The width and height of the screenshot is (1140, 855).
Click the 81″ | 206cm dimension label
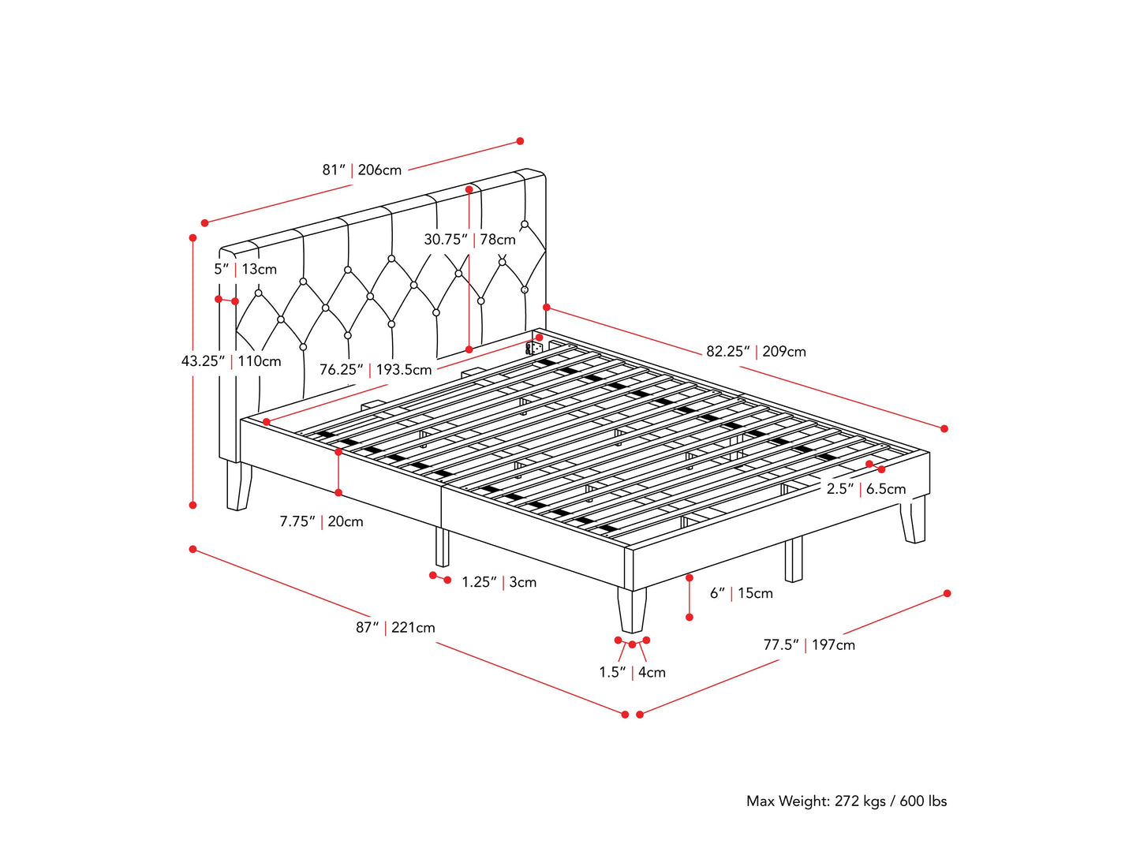point(361,170)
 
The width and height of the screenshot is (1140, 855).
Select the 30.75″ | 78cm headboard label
point(469,239)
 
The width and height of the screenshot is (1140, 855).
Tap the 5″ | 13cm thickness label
point(245,269)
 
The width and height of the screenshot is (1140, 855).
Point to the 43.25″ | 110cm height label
point(231,361)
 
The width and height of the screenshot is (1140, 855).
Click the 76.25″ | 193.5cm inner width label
point(376,369)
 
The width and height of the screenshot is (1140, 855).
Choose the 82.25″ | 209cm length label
point(756,351)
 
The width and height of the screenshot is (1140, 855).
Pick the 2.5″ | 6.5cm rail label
point(866,489)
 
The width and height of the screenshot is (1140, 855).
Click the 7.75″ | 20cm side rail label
point(321,521)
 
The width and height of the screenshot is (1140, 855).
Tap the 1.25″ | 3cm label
point(499,582)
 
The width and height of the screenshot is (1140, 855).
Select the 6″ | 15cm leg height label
point(741,593)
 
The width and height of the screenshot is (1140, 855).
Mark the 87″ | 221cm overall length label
point(395,628)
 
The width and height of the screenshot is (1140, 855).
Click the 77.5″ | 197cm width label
point(809,645)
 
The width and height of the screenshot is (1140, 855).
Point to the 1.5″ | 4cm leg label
point(632,673)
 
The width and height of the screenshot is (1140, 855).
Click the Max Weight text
point(846,801)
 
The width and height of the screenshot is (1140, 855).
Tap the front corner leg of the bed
point(632,609)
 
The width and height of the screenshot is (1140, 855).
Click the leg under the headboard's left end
point(237,486)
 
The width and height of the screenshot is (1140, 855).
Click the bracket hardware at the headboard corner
point(534,347)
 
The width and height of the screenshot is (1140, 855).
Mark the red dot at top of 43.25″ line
point(192,237)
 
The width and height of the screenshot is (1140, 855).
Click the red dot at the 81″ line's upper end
point(520,141)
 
